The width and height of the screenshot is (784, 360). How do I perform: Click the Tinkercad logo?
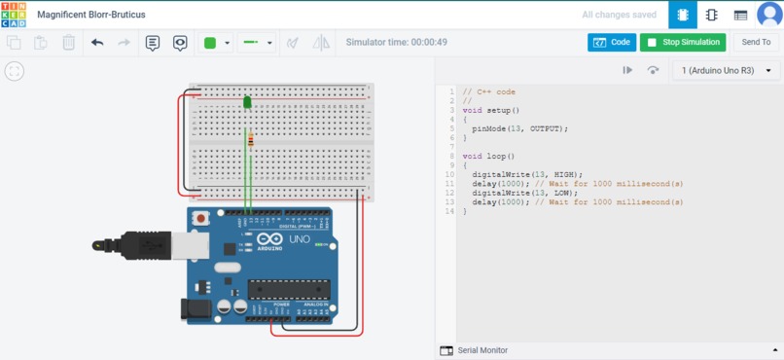[14, 15]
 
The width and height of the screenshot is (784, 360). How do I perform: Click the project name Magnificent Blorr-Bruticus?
[91, 16]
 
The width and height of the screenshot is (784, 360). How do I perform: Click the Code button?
[612, 43]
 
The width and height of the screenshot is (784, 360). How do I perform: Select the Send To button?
[756, 43]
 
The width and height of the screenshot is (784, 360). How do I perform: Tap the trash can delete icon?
[69, 43]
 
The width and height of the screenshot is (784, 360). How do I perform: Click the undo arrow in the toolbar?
[97, 43]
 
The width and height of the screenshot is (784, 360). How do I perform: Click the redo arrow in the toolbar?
[124, 43]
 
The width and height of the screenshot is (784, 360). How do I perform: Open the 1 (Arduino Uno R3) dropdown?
[727, 71]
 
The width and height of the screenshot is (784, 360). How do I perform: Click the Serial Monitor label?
[482, 350]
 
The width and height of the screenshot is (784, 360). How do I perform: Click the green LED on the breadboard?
[247, 101]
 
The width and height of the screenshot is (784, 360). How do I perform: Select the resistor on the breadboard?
[251, 140]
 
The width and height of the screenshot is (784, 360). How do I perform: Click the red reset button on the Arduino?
[201, 218]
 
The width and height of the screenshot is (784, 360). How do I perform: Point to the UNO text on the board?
[300, 239]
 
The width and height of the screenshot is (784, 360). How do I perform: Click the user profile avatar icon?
[768, 15]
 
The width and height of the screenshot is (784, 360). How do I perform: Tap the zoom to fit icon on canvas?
[14, 71]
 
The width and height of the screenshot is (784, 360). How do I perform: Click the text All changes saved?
[619, 16]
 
